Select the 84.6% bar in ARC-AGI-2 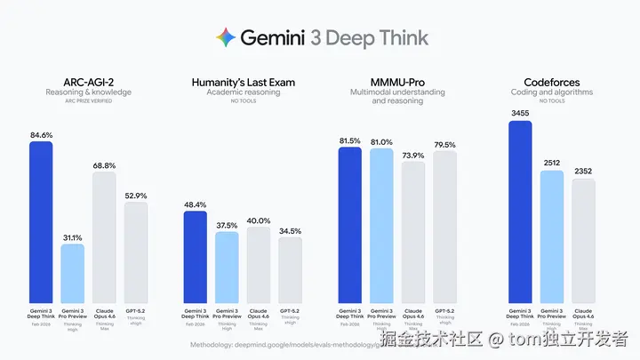41,222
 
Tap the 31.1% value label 73,236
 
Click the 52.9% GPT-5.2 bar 136,252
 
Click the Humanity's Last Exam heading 243,83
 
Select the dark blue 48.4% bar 195,257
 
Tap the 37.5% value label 227,225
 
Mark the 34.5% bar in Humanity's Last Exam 291,270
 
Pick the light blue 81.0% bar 382,226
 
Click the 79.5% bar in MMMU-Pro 445,228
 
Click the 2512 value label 552,163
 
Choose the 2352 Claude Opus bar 584,241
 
